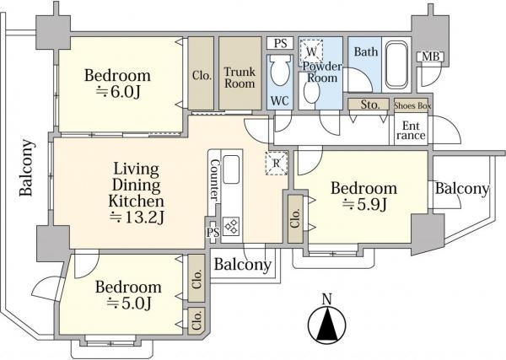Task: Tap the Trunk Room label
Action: [240, 78]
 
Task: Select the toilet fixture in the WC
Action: [280, 69]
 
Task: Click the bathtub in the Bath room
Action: [396, 65]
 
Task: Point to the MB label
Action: [431, 56]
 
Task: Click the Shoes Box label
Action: [412, 105]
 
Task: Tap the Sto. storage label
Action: [370, 105]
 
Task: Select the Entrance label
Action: [411, 131]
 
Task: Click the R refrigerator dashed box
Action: [277, 164]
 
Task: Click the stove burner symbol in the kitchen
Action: [231, 225]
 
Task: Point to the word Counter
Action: [214, 180]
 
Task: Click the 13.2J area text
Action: [137, 218]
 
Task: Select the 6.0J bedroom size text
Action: [118, 92]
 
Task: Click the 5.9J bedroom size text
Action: [364, 204]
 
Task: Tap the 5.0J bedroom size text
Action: [129, 303]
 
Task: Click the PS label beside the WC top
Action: [280, 44]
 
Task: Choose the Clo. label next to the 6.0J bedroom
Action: [202, 76]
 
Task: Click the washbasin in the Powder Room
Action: [311, 93]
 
